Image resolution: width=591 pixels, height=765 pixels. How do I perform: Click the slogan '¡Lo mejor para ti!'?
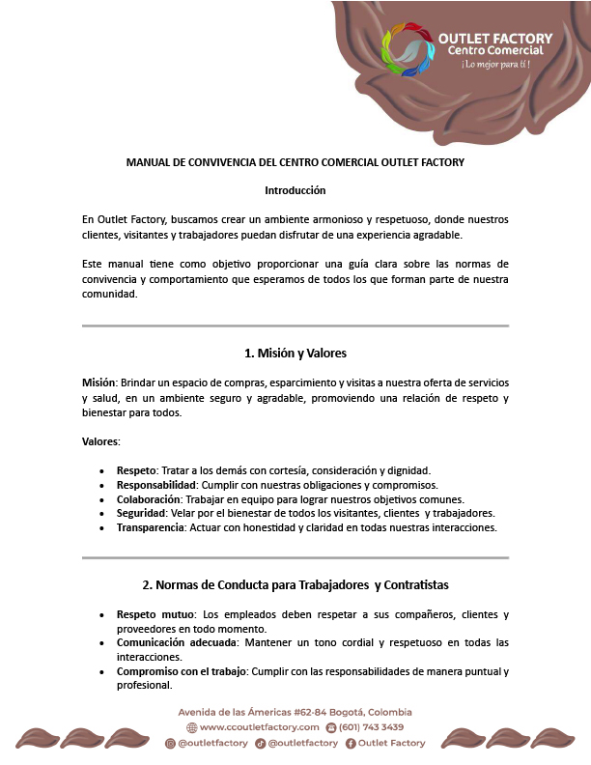pyautogui.click(x=495, y=65)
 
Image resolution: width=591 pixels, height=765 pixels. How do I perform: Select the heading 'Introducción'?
pyautogui.click(x=295, y=190)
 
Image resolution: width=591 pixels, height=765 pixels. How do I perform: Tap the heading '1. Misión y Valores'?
pyautogui.click(x=295, y=353)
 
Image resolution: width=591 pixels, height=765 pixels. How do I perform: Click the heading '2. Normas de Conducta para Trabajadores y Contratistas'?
pyautogui.click(x=295, y=584)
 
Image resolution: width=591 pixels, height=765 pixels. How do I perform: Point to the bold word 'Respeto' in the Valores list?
pyautogui.click(x=137, y=470)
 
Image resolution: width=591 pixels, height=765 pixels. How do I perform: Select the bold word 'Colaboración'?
pyautogui.click(x=150, y=499)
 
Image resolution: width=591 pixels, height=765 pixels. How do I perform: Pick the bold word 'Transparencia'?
pyautogui.click(x=151, y=528)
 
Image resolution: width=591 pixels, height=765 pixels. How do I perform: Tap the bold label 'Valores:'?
pyautogui.click(x=101, y=441)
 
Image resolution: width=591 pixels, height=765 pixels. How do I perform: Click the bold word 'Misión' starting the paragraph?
pyautogui.click(x=98, y=383)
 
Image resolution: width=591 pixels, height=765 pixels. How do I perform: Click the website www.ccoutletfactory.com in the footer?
pyautogui.click(x=259, y=727)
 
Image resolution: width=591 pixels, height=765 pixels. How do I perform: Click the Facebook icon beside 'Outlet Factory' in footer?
pyautogui.click(x=351, y=743)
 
